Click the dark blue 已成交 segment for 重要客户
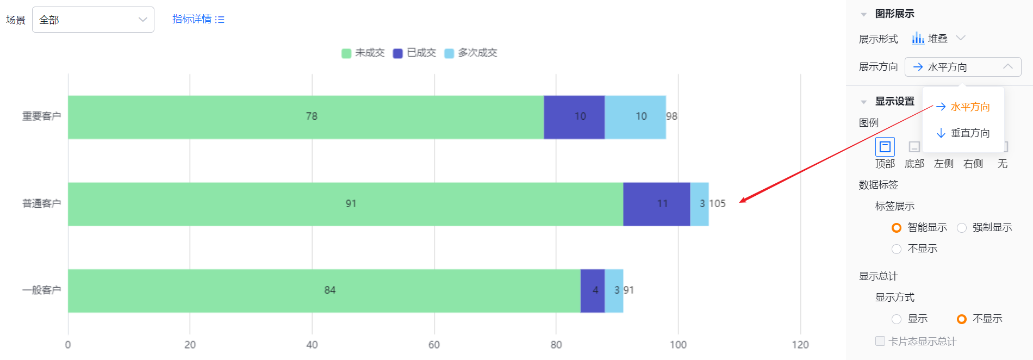pos(574,117)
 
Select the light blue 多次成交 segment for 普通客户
pos(699,204)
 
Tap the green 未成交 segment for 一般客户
pos(324,290)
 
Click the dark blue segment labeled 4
pos(593,290)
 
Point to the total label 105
pos(717,203)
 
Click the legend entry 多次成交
pos(471,53)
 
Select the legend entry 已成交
pos(414,53)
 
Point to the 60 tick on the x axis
pos(434,345)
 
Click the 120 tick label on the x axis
pos(800,345)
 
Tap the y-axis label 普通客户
pos(41,203)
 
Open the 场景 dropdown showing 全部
pos(93,20)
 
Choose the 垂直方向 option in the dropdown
pos(963,133)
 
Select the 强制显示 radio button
pos(962,228)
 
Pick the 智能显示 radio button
pos(897,228)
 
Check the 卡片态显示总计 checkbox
pos(880,341)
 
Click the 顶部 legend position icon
pos(885,147)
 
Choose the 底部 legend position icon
pos(914,147)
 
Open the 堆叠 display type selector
pos(938,38)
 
